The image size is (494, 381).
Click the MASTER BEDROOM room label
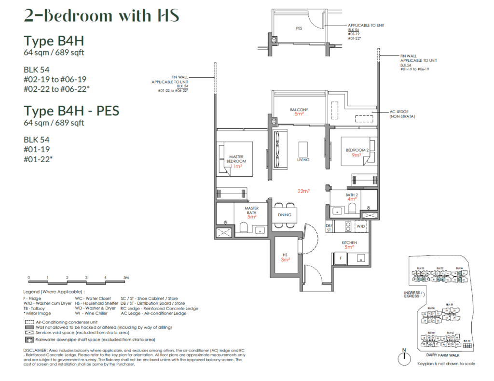[236, 158]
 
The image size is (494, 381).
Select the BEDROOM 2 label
[357, 150]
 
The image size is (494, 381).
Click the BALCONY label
[299, 110]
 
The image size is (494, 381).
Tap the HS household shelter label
[286, 256]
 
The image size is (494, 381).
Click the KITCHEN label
[349, 243]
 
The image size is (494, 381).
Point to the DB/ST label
[329, 227]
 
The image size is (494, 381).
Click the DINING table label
[284, 215]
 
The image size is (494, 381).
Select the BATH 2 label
[351, 195]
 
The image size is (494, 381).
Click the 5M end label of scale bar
[126, 278]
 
